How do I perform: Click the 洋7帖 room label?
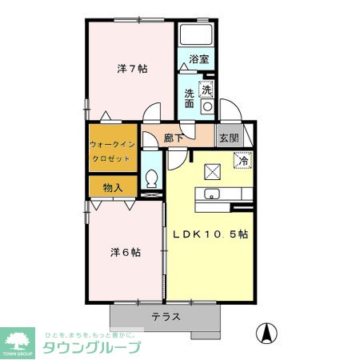132,69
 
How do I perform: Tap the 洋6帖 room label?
126,251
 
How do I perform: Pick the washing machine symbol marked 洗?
206,89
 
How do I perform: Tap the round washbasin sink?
206,105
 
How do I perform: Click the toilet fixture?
152,178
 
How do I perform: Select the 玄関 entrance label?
229,137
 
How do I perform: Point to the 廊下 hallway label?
174,138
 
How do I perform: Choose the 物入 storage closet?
113,187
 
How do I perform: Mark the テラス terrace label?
166,316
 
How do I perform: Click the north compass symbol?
267,330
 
